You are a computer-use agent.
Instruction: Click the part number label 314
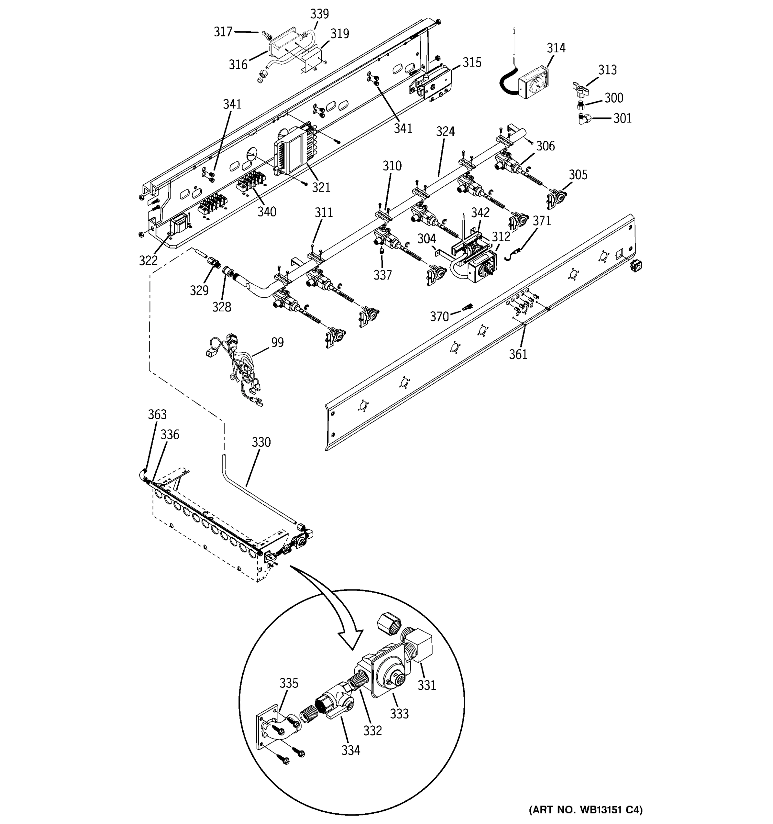556,48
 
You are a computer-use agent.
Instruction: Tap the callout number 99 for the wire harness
278,342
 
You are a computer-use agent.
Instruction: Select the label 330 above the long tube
261,442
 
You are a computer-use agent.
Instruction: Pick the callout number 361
518,354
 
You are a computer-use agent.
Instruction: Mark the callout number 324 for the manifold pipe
445,132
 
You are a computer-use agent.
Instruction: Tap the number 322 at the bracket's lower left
148,260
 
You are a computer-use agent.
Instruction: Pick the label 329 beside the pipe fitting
199,290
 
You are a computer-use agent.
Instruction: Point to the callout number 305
578,175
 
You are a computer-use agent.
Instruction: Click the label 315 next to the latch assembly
472,62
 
